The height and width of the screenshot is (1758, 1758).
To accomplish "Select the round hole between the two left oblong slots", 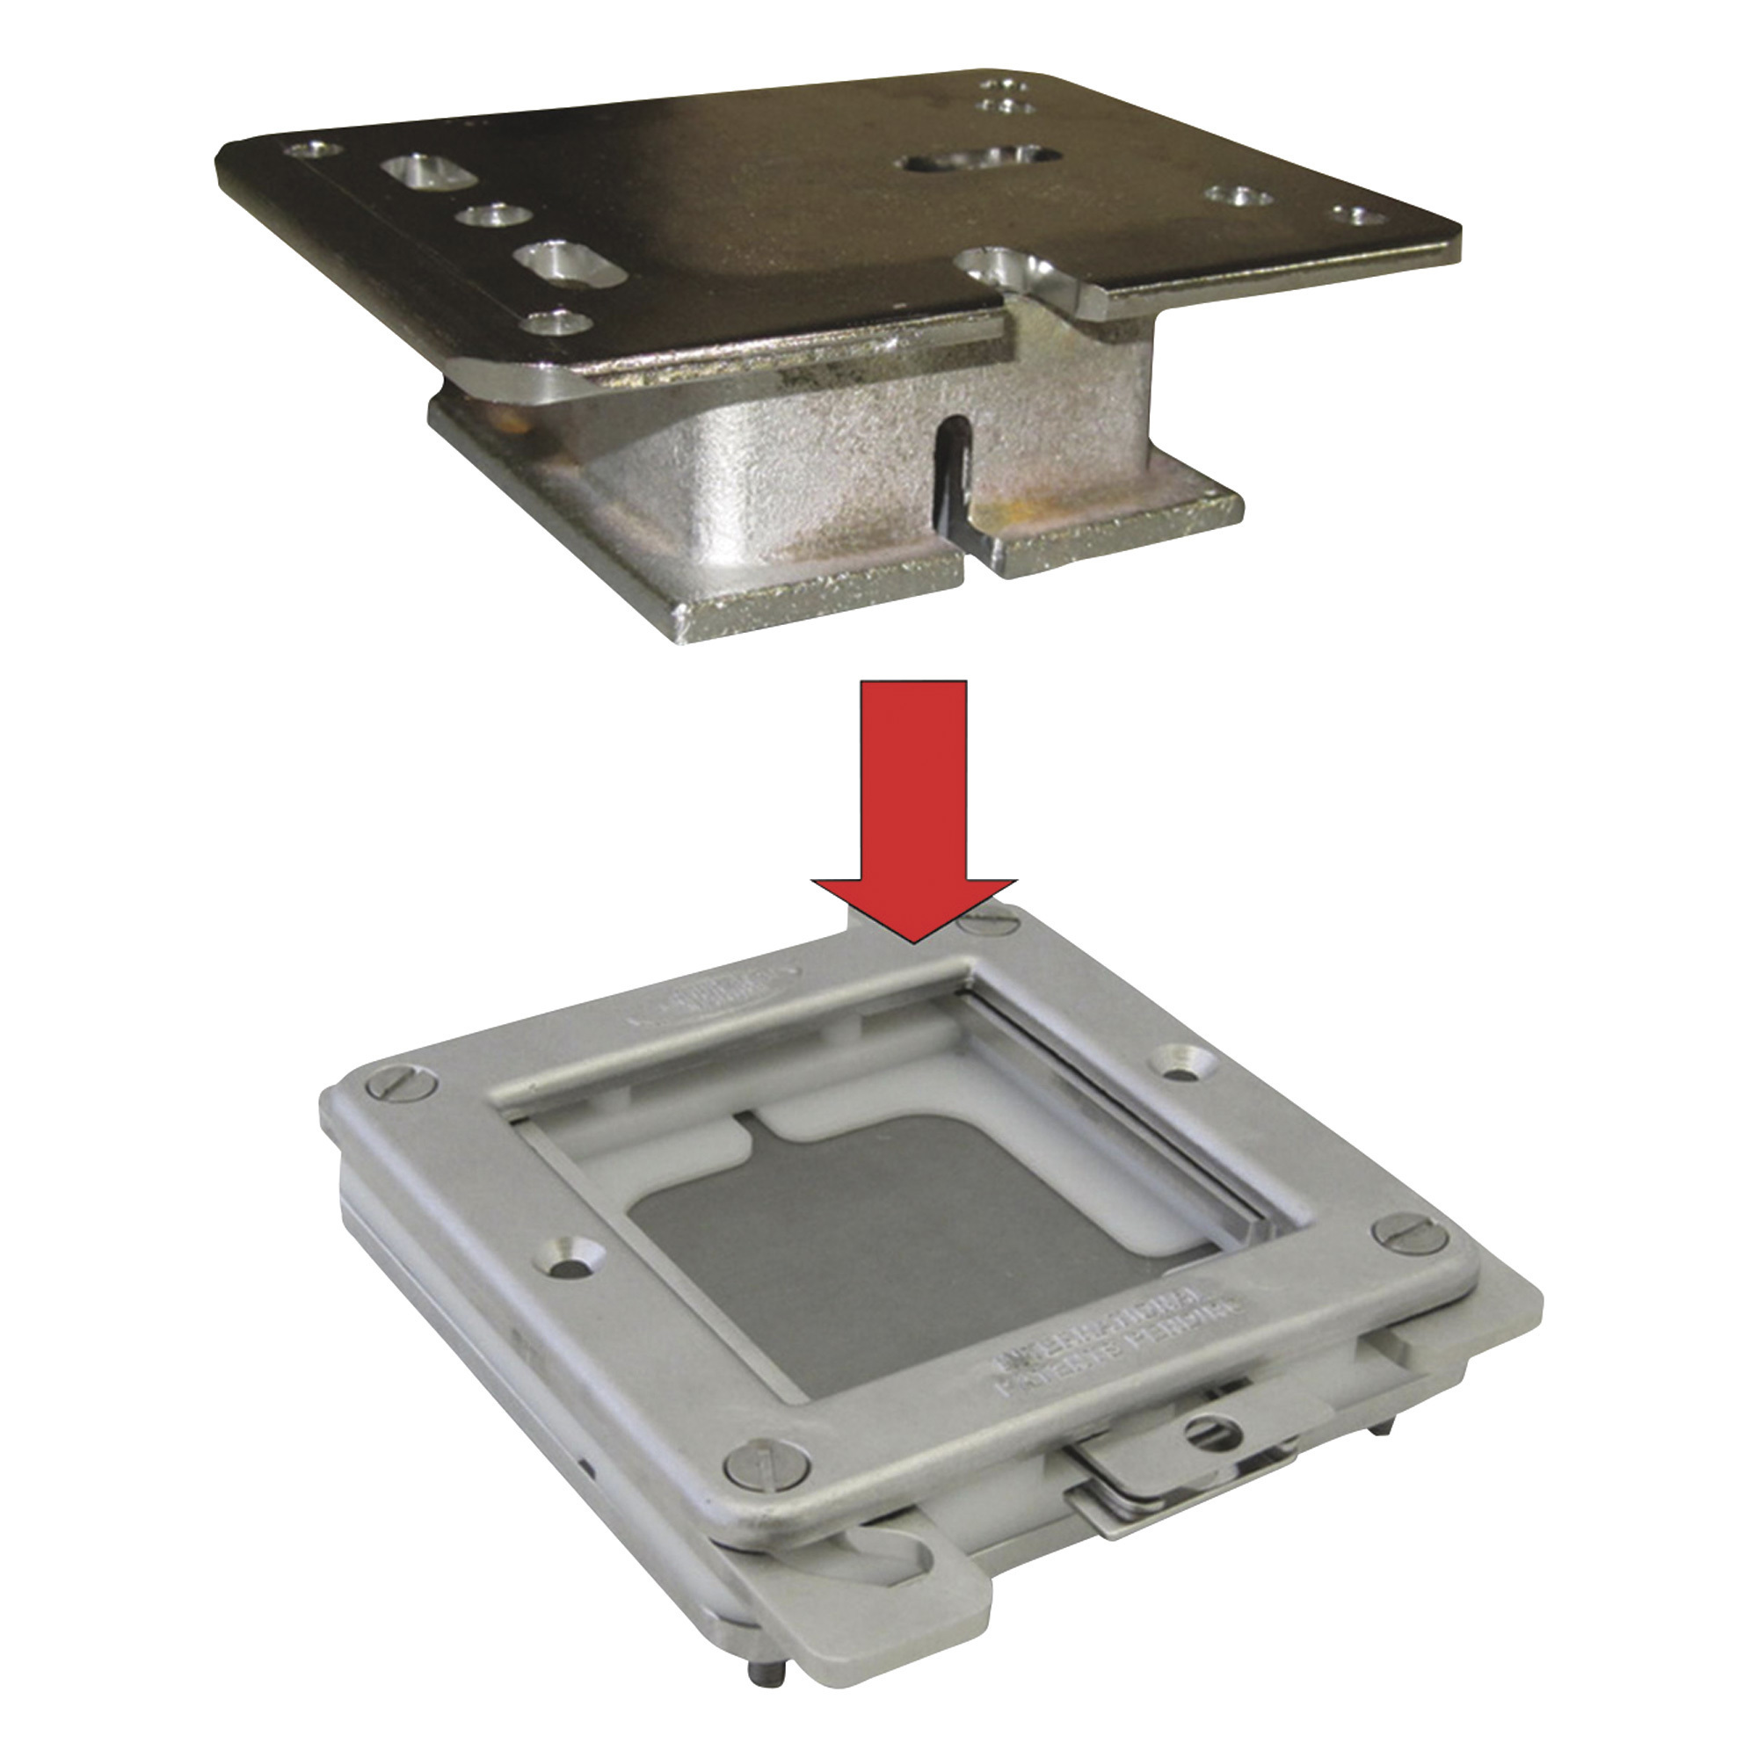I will pos(495,216).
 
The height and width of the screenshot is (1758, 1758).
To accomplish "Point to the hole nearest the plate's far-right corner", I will pos(1355,215).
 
